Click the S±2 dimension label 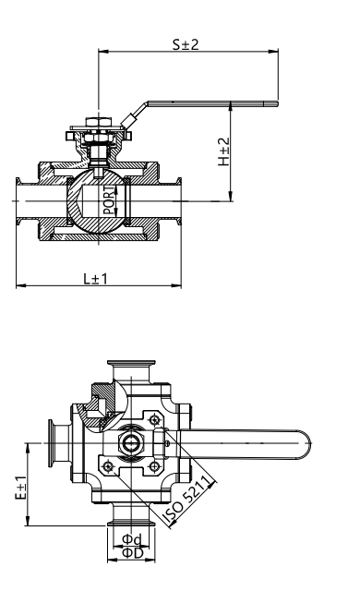pyautogui.click(x=186, y=44)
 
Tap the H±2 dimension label pyautogui.click(x=223, y=151)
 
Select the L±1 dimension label pyautogui.click(x=96, y=279)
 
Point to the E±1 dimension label pyautogui.click(x=20, y=488)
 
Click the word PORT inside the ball pyautogui.click(x=109, y=200)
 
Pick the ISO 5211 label pyautogui.click(x=187, y=500)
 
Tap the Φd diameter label pyautogui.click(x=131, y=540)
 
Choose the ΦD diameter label pyautogui.click(x=132, y=553)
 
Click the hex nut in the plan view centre pyautogui.click(x=131, y=443)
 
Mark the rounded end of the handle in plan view pyautogui.click(x=306, y=444)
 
